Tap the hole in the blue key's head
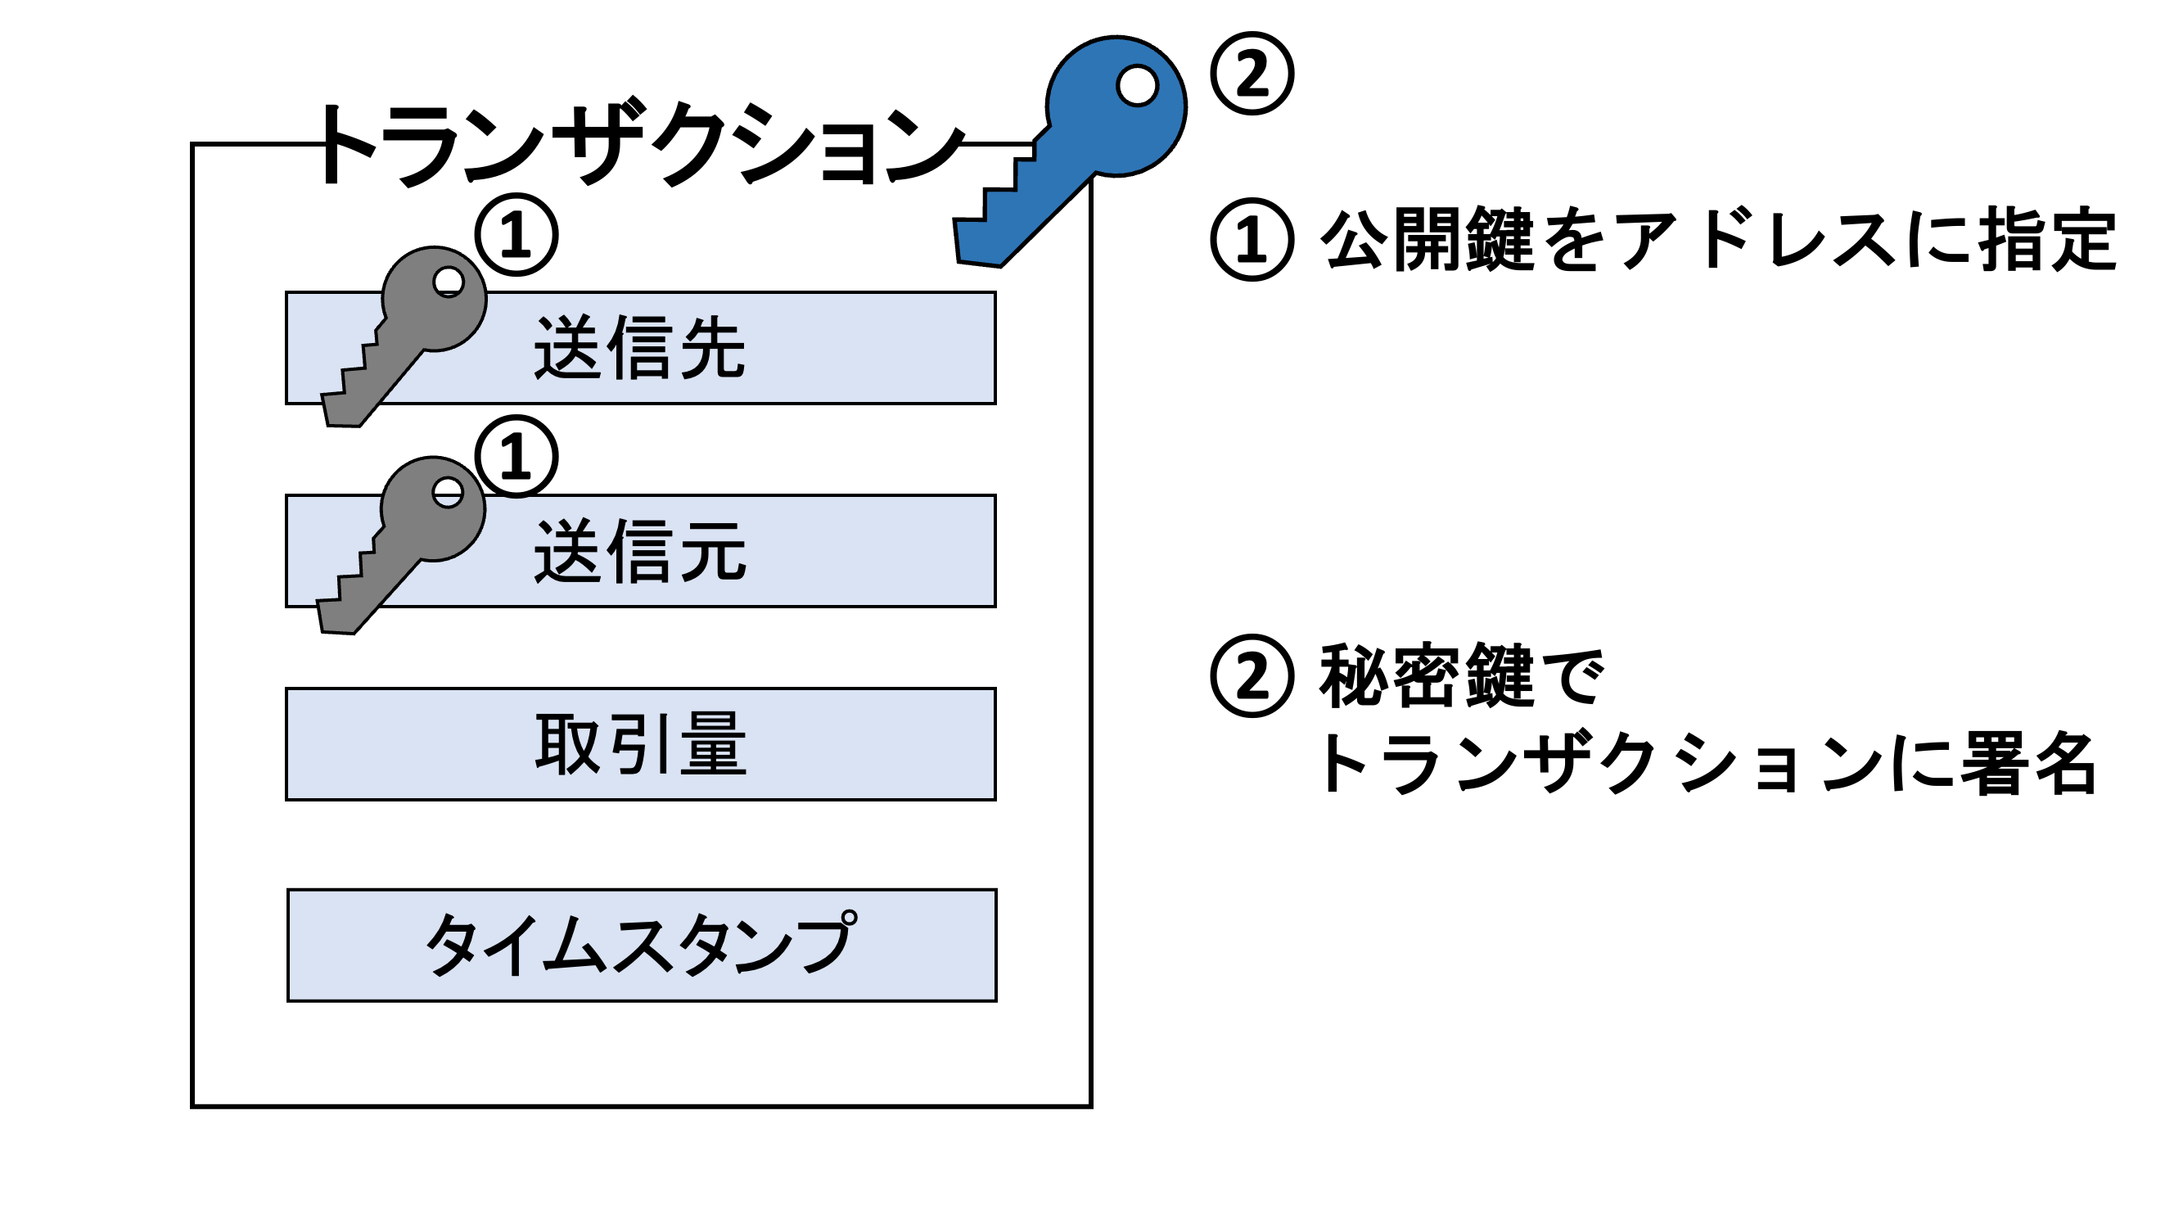point(1136,86)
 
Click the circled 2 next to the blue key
point(1251,74)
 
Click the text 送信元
point(639,552)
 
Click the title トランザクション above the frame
point(641,144)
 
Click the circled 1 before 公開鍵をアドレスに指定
point(1251,240)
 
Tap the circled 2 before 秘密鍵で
point(1251,675)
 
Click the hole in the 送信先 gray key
point(448,282)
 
